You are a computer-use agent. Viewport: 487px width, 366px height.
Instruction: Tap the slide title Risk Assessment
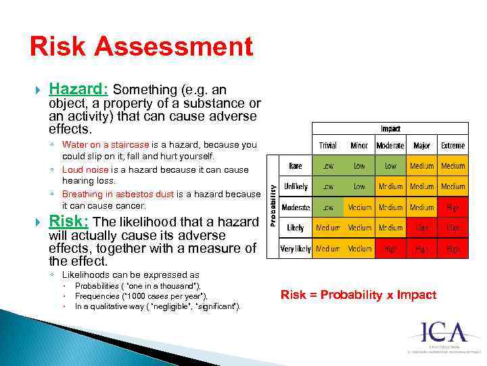point(141,47)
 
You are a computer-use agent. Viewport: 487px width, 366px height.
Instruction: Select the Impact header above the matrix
point(390,128)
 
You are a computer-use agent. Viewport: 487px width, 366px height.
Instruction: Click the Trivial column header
point(327,146)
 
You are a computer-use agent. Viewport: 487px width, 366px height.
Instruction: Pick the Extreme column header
point(453,146)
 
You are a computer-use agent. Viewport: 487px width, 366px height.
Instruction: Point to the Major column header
point(421,146)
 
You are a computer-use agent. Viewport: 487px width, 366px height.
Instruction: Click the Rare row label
point(296,165)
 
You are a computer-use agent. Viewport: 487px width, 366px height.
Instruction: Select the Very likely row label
point(296,249)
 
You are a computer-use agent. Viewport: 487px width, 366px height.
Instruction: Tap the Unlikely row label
point(296,186)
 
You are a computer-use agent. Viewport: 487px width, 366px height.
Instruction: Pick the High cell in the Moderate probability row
point(453,207)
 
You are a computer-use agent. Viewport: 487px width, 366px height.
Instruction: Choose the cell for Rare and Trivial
point(327,165)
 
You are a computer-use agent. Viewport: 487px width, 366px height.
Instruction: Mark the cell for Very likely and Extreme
point(453,249)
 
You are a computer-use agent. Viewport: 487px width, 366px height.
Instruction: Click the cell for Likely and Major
point(421,228)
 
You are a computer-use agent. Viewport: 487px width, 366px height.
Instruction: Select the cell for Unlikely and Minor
point(359,186)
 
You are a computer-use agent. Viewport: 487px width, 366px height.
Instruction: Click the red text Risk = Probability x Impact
point(358,295)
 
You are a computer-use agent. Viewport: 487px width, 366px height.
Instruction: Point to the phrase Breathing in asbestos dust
point(118,194)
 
